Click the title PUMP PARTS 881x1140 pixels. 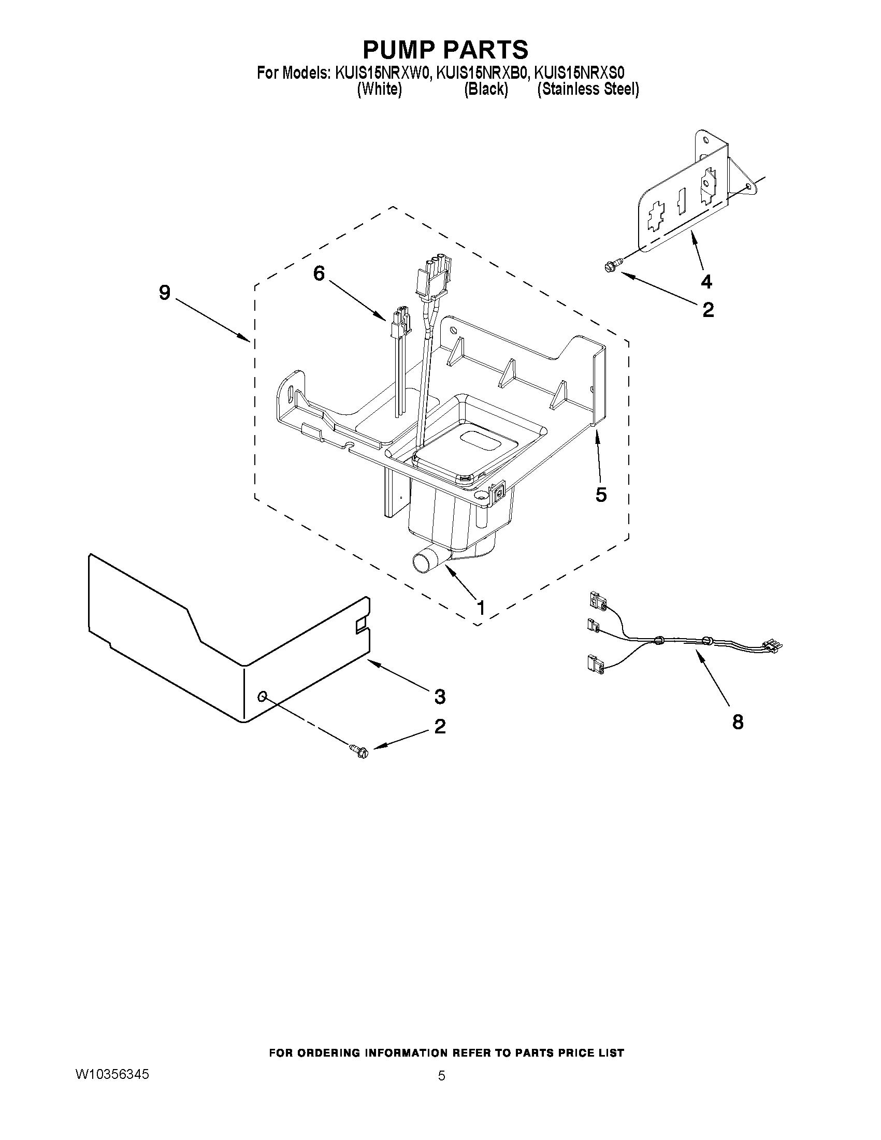(445, 50)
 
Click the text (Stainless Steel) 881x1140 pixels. (588, 89)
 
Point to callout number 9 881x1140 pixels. (164, 293)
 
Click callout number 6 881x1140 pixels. (319, 273)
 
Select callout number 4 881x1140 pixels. (705, 282)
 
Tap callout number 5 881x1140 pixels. (601, 494)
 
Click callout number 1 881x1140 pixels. (481, 607)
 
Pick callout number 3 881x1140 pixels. (439, 696)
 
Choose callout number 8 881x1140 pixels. (738, 722)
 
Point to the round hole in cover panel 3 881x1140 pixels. (263, 696)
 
